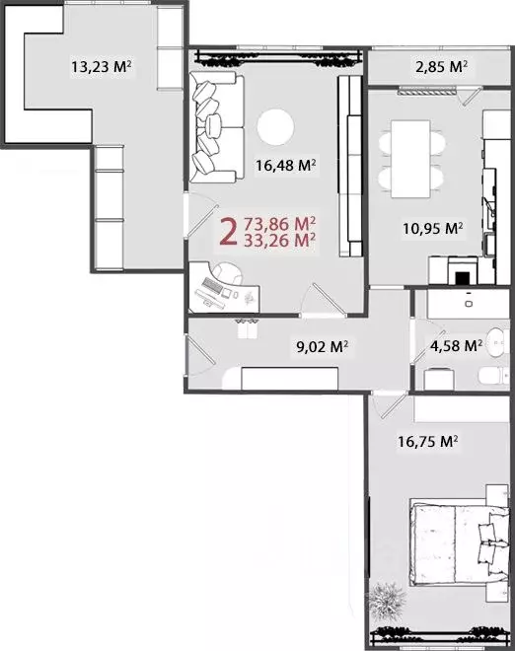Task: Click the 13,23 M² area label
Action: (103, 68)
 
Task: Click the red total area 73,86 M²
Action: (279, 223)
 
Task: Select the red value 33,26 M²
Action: (279, 239)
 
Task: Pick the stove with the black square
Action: (462, 271)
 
